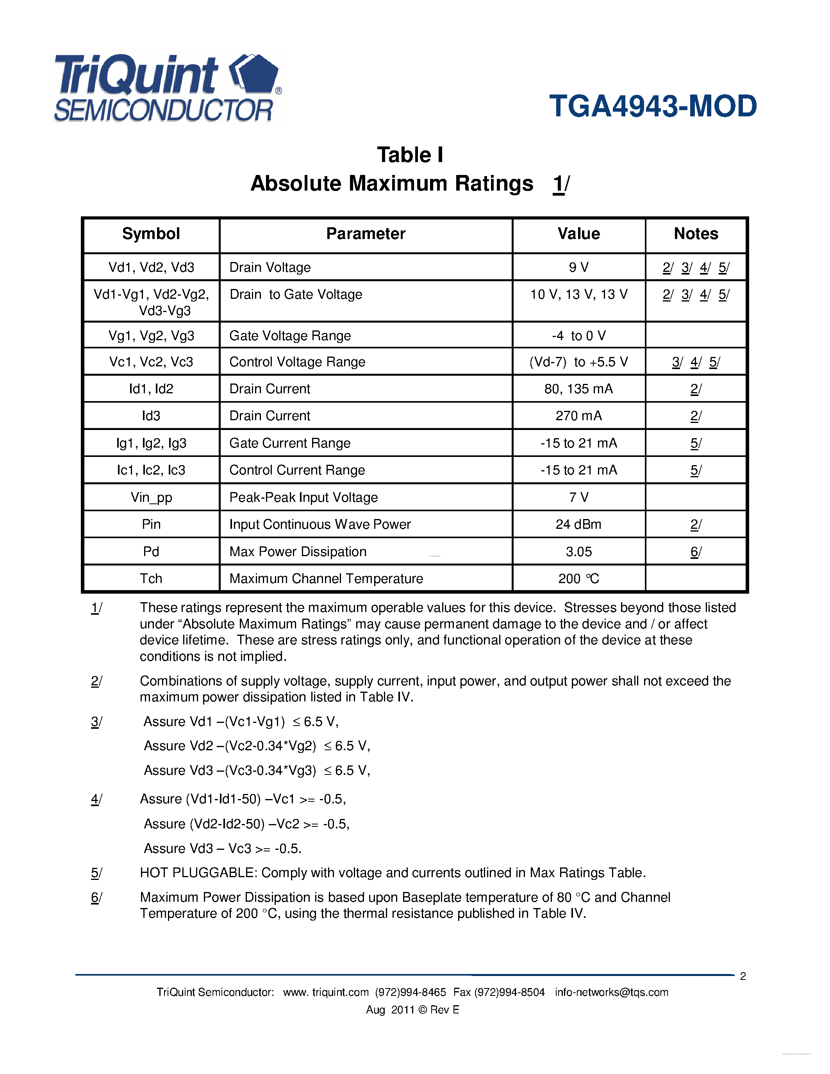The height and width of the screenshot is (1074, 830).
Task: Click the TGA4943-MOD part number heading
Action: pos(653,106)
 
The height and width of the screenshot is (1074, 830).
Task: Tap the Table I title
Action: pos(410,155)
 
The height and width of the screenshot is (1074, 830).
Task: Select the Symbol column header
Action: pos(151,234)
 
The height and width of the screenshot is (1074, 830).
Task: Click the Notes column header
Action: pos(696,234)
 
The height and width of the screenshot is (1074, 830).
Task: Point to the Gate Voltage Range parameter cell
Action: pos(290,336)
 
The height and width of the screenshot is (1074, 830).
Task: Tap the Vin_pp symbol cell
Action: pos(151,498)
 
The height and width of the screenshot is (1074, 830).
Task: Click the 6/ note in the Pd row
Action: pos(696,552)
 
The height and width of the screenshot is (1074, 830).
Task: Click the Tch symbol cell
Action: pos(151,579)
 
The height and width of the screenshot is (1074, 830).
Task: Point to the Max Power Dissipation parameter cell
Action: pos(298,552)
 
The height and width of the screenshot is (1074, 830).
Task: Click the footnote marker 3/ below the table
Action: pos(96,722)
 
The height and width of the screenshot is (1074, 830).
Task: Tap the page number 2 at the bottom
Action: pos(743,976)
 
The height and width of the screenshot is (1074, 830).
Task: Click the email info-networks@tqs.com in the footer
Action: pos(612,992)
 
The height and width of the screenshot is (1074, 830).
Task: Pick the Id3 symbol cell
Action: pos(151,416)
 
